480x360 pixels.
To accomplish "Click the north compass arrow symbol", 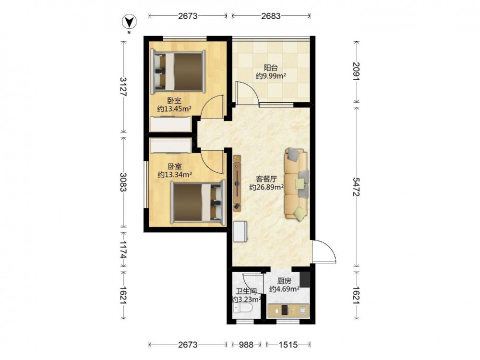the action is (x=129, y=22).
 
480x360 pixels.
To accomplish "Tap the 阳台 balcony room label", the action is (x=271, y=68).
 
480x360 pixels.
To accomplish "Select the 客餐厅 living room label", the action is (x=266, y=179).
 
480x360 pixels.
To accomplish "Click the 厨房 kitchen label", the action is (x=284, y=281).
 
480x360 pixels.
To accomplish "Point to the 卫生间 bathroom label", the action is (x=246, y=292).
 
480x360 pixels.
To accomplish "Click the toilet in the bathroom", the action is (x=242, y=308).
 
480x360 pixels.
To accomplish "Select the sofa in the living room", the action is (x=296, y=184).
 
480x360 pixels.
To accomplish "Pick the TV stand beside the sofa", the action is (x=237, y=183).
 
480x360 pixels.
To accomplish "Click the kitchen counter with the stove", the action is (x=288, y=311).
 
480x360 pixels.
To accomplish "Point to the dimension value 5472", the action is (x=356, y=187).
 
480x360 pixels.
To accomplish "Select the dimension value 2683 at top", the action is (x=271, y=16).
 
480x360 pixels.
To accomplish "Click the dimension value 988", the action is (x=246, y=345).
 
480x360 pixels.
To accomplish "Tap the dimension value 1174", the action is (x=123, y=249).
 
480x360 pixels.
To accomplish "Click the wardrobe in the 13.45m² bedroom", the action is (x=170, y=125).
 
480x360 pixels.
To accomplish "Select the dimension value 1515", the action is (x=288, y=345).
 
